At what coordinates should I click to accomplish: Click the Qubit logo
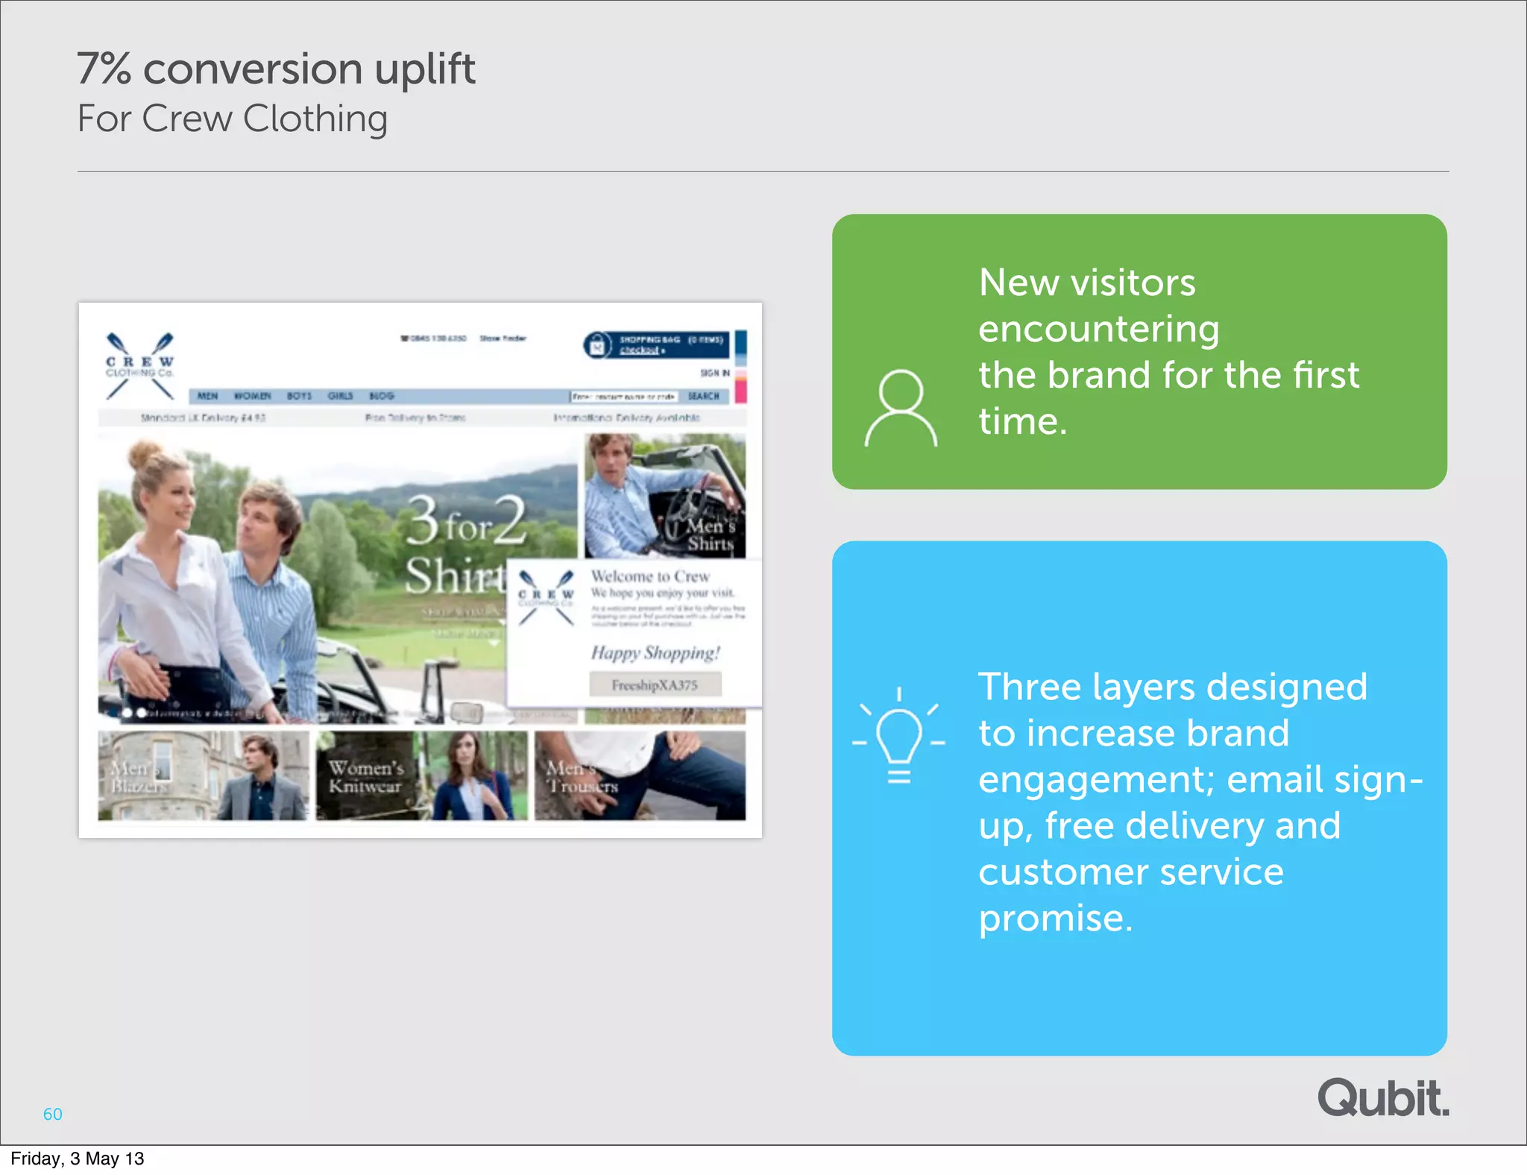1383,1097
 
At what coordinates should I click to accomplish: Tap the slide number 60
52,1114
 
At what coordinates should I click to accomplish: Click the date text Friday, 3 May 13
78,1159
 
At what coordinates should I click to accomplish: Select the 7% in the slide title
104,69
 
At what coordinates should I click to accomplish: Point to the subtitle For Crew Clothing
232,119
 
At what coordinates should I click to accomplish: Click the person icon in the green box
901,407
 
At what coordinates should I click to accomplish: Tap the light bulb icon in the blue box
898,734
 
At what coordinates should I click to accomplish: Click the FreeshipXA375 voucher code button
655,684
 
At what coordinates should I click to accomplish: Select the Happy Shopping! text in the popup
655,653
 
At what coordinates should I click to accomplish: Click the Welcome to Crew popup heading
650,576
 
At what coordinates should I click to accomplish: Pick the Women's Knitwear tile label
365,777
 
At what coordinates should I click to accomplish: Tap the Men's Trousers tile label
582,777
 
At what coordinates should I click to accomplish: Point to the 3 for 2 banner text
466,522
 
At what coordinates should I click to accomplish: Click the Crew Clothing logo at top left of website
139,365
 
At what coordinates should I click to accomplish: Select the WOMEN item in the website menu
253,396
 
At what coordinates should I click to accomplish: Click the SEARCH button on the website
703,396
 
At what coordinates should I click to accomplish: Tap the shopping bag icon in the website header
597,344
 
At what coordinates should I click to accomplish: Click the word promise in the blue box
1055,919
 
